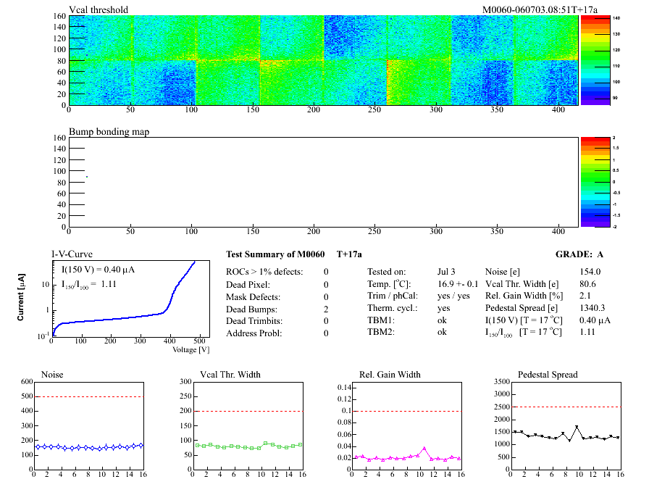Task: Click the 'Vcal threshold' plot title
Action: tap(99, 9)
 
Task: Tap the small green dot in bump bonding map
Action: tap(87, 176)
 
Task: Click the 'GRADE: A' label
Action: tap(579, 254)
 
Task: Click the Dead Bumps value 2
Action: tap(326, 309)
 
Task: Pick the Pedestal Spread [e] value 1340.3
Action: tap(593, 308)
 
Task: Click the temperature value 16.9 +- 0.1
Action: tap(458, 283)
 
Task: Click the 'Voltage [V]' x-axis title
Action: tap(191, 349)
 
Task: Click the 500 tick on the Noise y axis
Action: tap(28, 396)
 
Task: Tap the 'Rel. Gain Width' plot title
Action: tap(390, 375)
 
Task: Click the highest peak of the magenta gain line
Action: tap(424, 449)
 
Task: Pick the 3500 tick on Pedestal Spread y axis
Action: tap(501, 381)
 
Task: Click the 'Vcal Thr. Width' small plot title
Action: tap(230, 375)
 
